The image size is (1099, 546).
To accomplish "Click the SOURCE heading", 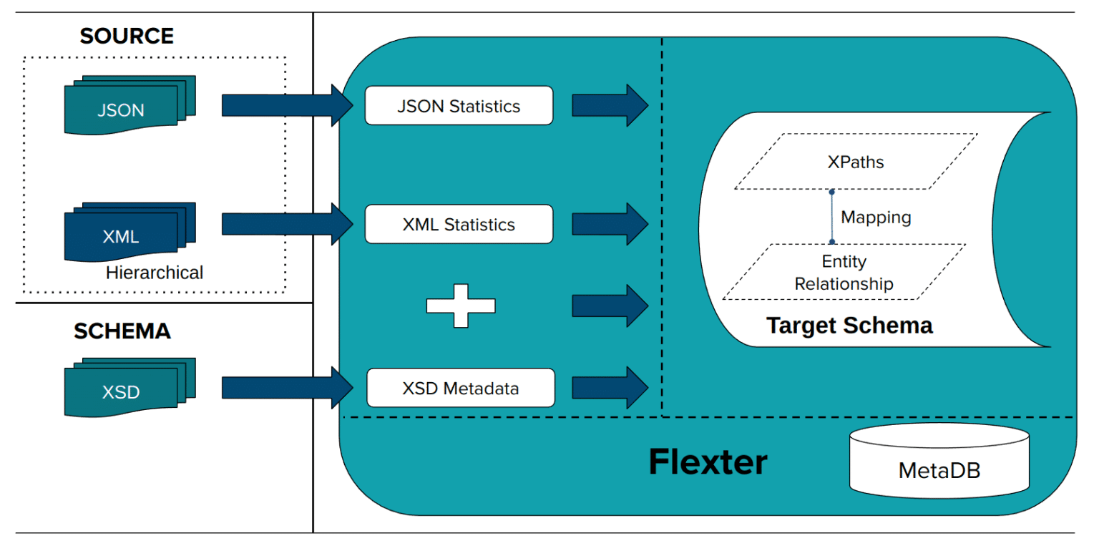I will (127, 36).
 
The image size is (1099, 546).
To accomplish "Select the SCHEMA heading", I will (122, 331).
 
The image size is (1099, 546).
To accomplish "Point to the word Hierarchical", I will (155, 273).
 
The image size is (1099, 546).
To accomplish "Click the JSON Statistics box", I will (459, 106).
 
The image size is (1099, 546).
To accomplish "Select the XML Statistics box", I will (459, 224).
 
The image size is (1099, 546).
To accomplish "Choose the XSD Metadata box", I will (460, 389).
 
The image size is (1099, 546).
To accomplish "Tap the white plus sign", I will (461, 306).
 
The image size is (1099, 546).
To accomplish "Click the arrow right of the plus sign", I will (610, 306).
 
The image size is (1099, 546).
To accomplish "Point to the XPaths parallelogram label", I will (855, 162).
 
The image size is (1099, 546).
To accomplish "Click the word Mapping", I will (876, 217).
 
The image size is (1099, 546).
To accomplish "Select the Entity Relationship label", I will (844, 273).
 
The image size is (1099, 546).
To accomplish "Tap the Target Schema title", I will (849, 326).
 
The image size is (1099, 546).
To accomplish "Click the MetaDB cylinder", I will (939, 462).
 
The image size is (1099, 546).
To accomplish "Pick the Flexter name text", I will (708, 462).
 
